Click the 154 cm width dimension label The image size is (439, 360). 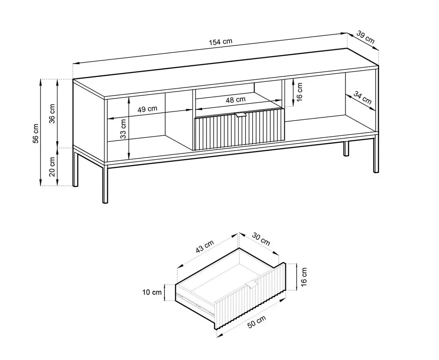[221, 42]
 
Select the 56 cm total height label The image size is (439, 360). [36, 133]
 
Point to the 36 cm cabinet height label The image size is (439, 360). [52, 114]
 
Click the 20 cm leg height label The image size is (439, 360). [52, 167]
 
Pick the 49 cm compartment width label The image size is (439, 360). [147, 109]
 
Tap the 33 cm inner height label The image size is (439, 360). [123, 128]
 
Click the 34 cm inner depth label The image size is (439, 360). [363, 97]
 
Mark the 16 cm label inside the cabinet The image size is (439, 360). [299, 92]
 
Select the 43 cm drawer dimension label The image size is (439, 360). [205, 247]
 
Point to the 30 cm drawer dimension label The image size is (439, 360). [261, 239]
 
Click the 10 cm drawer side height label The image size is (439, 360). [152, 292]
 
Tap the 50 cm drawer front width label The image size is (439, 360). [257, 321]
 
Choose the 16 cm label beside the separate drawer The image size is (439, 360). [304, 277]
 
